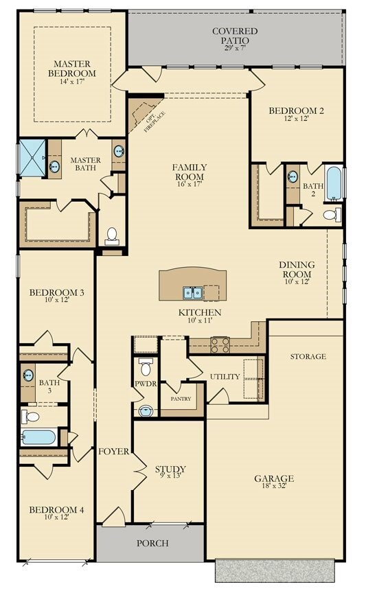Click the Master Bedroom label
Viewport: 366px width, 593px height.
coord(72,69)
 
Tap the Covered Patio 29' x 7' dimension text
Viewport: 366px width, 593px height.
coord(235,48)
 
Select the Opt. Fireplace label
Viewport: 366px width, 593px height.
coord(155,121)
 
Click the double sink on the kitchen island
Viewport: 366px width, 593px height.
coord(193,292)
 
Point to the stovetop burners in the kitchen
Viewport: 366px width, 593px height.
coord(220,345)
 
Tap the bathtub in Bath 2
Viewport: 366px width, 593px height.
coord(334,183)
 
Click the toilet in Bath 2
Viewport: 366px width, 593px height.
coord(332,215)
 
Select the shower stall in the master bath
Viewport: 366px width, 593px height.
coord(32,158)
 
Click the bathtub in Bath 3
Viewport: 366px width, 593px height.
coord(39,437)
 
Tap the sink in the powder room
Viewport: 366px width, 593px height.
coord(146,410)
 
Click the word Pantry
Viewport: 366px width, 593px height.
coord(181,399)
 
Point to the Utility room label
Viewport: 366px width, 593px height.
coord(225,376)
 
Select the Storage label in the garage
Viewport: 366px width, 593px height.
coord(308,356)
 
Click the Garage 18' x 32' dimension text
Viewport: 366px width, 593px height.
coord(274,486)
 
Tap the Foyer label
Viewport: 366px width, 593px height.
coord(113,451)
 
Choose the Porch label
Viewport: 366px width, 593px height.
coord(152,543)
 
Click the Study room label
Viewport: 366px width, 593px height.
coord(170,469)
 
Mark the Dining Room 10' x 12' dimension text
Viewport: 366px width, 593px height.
coord(297,282)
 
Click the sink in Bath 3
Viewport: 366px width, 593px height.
coord(27,375)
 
